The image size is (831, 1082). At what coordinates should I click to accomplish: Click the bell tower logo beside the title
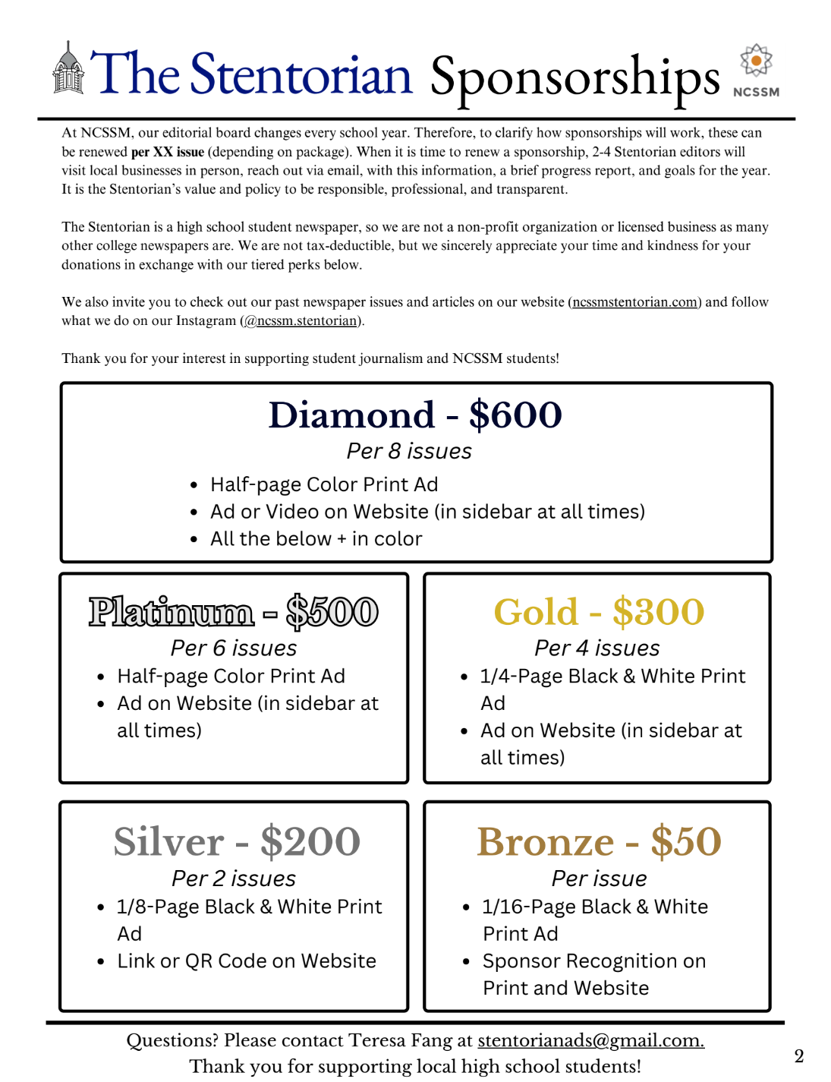[x=68, y=70]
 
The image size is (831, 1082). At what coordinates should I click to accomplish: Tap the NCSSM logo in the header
[x=756, y=71]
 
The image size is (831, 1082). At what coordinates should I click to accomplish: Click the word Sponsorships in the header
[x=574, y=78]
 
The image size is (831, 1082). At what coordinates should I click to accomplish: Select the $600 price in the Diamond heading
[x=515, y=415]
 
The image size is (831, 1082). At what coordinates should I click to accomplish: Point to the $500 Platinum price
[x=332, y=613]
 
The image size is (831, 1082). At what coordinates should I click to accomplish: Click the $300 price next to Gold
[x=659, y=613]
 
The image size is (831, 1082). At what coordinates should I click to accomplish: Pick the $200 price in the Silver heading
[x=310, y=842]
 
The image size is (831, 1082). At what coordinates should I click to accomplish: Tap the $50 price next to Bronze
[x=686, y=842]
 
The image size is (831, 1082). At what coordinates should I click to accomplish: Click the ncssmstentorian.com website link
[x=635, y=302]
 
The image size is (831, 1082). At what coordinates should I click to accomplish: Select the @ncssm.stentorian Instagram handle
[x=302, y=321]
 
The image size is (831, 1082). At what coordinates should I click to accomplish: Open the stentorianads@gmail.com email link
[x=590, y=1040]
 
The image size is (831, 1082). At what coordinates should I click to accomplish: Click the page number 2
[x=798, y=1056]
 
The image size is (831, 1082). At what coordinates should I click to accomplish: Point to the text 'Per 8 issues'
[x=409, y=452]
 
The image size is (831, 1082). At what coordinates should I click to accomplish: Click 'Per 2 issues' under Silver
[x=234, y=879]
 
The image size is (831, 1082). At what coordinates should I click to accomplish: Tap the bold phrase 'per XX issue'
[x=168, y=152]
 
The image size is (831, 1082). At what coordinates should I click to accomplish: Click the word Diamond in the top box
[x=351, y=415]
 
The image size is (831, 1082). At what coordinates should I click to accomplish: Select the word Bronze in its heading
[x=546, y=842]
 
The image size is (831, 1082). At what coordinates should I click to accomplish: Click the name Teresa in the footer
[x=379, y=1040]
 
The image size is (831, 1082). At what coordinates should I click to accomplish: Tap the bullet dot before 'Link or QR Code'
[x=101, y=962]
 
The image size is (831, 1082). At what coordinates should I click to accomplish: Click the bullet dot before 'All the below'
[x=194, y=540]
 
